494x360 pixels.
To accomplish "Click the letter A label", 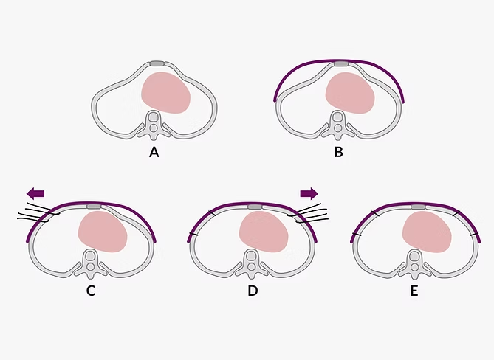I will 154,153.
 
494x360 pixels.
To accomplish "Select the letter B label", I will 338,153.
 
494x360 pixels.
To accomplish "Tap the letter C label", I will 90,290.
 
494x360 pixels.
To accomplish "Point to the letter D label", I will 253,290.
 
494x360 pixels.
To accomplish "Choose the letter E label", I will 414,290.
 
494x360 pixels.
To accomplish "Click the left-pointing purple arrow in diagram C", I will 35,193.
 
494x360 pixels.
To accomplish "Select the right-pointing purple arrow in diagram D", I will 309,193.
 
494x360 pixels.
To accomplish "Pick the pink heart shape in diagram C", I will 103,231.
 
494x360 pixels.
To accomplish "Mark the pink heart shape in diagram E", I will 426,231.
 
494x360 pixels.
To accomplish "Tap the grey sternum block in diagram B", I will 341,64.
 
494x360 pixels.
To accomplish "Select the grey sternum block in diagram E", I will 416,205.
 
